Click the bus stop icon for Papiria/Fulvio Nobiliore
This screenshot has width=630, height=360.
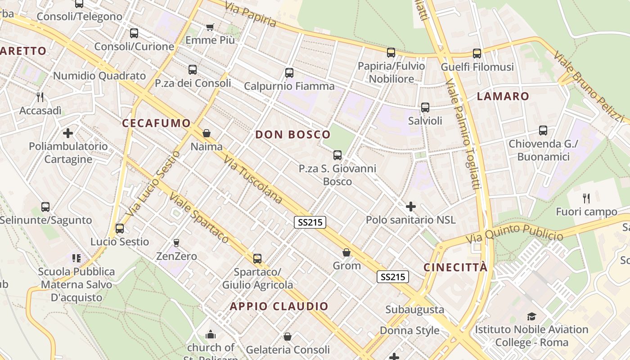[x=391, y=53]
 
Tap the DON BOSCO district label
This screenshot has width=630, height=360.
[x=293, y=135]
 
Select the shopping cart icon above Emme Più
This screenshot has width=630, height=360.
[x=210, y=27]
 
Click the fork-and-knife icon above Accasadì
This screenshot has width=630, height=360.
[x=40, y=97]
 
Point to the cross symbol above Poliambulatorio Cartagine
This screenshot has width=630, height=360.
[x=68, y=133]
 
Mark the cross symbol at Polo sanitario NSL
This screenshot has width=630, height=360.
[x=410, y=207]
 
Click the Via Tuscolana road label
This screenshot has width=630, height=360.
[x=253, y=180]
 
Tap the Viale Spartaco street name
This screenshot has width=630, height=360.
[x=199, y=218]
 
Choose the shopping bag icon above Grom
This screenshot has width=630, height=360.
[x=346, y=252]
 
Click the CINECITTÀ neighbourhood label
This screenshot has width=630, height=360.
[x=455, y=268]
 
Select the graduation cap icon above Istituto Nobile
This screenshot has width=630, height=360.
[x=531, y=316]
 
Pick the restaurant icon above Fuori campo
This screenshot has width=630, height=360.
[x=586, y=198]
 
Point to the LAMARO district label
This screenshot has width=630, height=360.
[x=503, y=96]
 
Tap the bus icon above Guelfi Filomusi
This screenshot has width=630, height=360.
[x=477, y=54]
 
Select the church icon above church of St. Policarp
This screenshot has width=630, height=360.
[x=211, y=334]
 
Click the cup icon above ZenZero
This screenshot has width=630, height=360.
[x=176, y=243]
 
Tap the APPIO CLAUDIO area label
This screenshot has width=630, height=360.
[x=279, y=306]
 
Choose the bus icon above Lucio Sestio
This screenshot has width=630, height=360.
[x=119, y=228]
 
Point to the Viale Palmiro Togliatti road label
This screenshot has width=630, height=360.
[x=462, y=135]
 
